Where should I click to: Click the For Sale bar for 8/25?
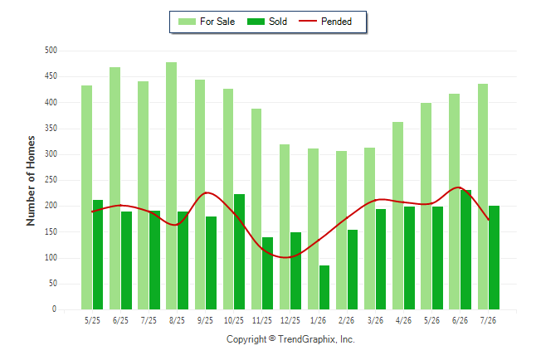(x=171, y=186)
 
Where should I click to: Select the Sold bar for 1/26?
(x=324, y=288)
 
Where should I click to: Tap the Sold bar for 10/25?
(x=239, y=251)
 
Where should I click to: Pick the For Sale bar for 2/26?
(x=341, y=230)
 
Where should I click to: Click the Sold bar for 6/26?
(x=465, y=250)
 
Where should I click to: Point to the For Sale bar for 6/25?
(x=115, y=188)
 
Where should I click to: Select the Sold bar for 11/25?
(x=268, y=273)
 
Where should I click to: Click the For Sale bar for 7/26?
(x=483, y=197)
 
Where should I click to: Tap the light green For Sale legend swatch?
(x=187, y=22)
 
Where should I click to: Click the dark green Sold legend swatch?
(x=256, y=22)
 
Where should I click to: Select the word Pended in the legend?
(x=336, y=22)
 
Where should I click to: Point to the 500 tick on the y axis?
(x=51, y=51)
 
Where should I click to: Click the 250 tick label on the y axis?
(x=51, y=180)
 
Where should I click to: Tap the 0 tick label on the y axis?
(x=55, y=309)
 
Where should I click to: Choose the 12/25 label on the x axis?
(x=290, y=320)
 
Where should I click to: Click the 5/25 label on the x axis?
(x=92, y=320)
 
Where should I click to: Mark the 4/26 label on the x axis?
(x=403, y=320)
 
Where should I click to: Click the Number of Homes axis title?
(x=31, y=181)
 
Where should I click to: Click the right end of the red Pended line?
(x=489, y=220)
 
